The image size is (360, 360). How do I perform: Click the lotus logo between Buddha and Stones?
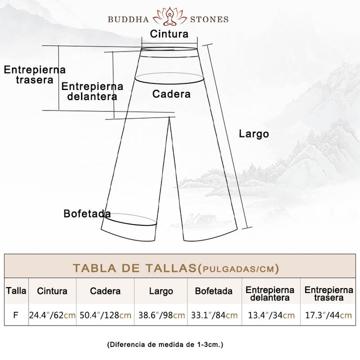[x=169, y=16]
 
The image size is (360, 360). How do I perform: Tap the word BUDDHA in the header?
[x=128, y=19]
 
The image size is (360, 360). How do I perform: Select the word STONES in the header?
[x=209, y=19]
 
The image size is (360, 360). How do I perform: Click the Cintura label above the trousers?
[x=169, y=34]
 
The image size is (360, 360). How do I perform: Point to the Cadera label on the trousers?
[x=171, y=94]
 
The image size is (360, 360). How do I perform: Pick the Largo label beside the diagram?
[x=253, y=134]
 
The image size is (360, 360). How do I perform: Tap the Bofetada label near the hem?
[x=87, y=213]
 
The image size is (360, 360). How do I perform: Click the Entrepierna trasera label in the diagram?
[x=34, y=74]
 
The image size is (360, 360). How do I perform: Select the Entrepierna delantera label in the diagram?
[x=92, y=91]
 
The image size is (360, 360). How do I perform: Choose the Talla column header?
[x=16, y=290]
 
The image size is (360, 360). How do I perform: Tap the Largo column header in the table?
[x=161, y=291]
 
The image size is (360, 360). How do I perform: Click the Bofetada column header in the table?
[x=213, y=291]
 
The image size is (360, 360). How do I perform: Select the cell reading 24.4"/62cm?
[x=52, y=315]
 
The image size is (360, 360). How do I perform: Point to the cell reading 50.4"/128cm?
[x=105, y=315]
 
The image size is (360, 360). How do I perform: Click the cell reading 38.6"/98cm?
[x=161, y=315]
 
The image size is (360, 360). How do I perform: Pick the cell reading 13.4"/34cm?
[x=271, y=315]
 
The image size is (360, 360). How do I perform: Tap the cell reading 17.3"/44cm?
[x=328, y=315]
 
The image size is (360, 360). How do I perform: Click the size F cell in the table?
[x=15, y=315]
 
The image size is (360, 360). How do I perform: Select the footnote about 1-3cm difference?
[x=165, y=344]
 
